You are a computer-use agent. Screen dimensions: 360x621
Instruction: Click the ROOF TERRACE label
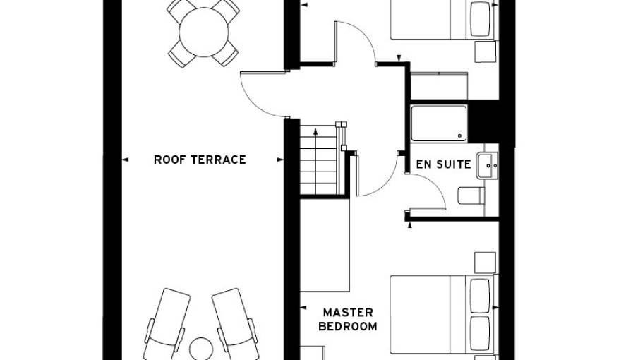tap(200, 160)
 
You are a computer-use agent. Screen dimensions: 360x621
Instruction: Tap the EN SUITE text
tap(443, 164)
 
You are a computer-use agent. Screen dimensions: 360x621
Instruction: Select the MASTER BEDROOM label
tap(347, 319)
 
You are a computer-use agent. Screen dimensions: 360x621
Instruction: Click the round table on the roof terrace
tap(203, 32)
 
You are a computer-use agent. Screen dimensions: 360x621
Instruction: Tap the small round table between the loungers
tap(202, 349)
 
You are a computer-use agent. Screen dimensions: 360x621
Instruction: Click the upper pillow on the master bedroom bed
tap(479, 294)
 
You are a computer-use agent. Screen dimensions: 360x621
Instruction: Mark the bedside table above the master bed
tap(485, 262)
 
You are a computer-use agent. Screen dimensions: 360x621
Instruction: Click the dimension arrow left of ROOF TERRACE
tap(125, 160)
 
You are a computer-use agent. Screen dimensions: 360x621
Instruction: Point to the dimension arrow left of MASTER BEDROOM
tap(303, 308)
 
